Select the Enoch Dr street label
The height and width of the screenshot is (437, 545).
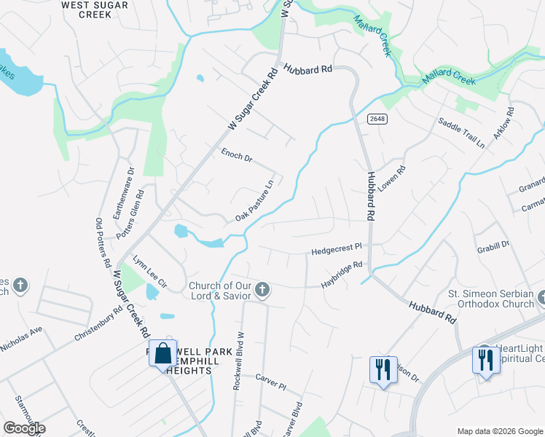coord(236,155)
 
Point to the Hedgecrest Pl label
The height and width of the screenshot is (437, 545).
coord(337,250)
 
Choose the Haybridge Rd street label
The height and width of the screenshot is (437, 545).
coord(342,275)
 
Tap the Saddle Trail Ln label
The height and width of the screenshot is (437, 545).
coord(460,133)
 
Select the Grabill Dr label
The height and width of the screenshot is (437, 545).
coord(495,245)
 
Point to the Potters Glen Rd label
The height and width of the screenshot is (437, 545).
coord(140,211)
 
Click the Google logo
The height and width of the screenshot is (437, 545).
coord(24,428)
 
